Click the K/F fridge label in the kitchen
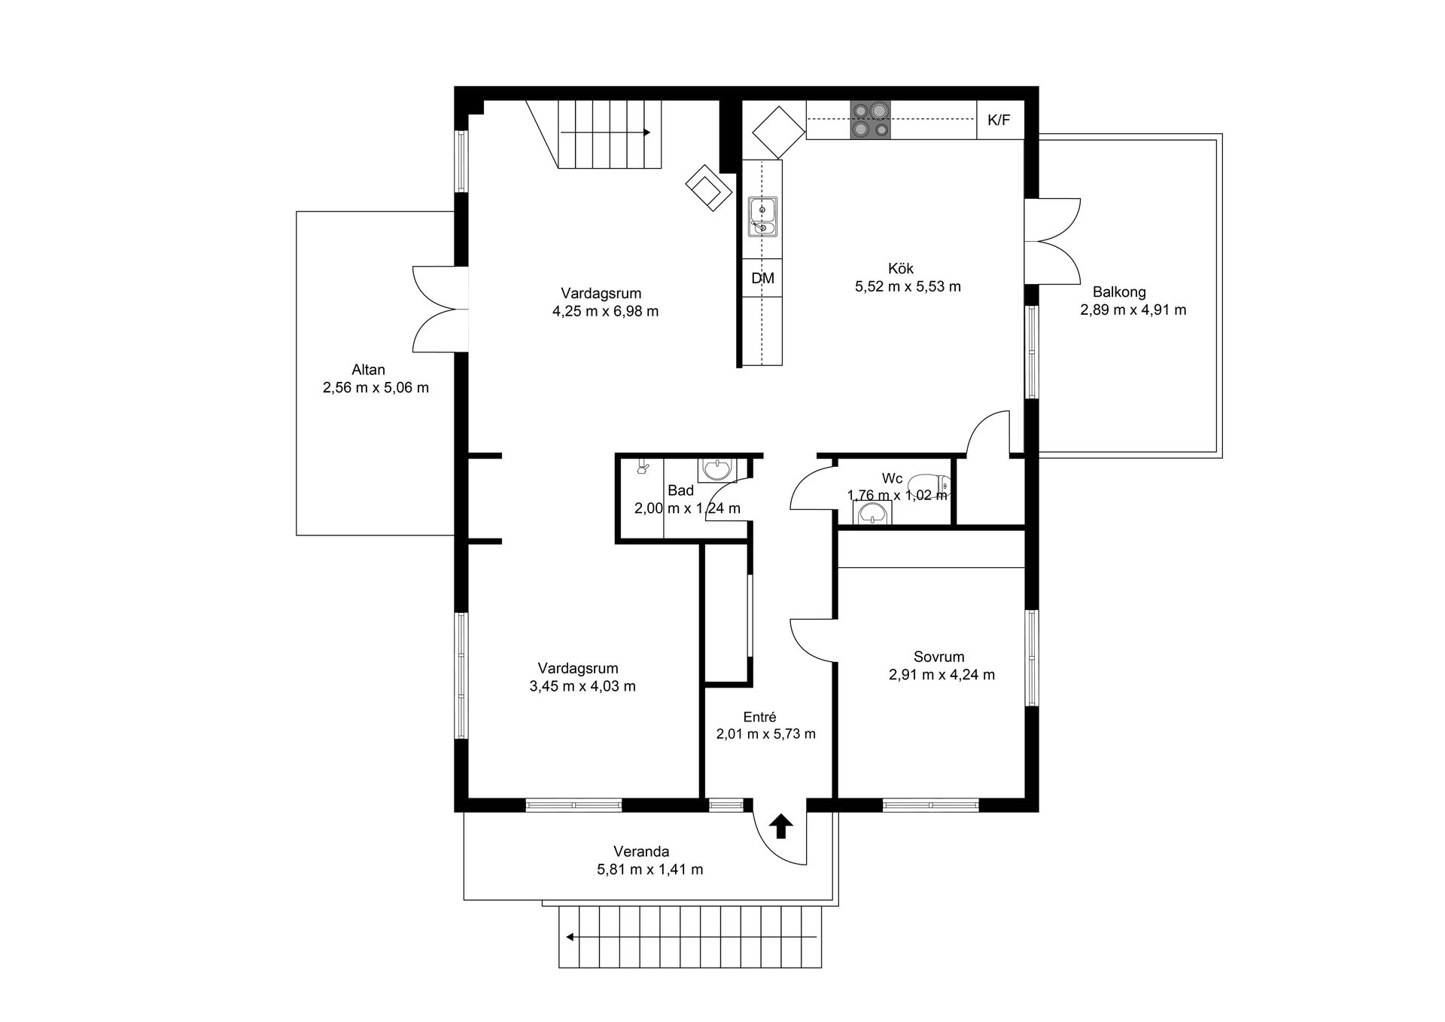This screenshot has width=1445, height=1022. (x=999, y=121)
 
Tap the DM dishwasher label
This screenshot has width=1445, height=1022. (x=762, y=278)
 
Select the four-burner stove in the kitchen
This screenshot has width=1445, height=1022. (x=871, y=120)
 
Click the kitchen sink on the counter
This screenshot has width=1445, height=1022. (x=762, y=217)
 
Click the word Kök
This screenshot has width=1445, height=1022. (x=901, y=269)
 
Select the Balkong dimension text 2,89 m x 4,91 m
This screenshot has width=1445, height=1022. (x=1133, y=310)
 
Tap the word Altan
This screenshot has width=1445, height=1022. (x=368, y=370)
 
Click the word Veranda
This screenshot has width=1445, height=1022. (x=641, y=852)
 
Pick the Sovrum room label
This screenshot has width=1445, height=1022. (x=939, y=657)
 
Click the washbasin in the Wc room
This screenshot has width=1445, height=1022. (x=872, y=513)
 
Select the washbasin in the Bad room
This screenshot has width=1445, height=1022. (x=717, y=470)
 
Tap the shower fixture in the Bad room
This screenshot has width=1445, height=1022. (x=643, y=468)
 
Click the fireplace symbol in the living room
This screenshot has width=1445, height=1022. (x=709, y=188)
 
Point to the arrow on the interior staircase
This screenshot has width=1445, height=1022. (x=606, y=133)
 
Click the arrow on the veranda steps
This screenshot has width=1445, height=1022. (x=692, y=938)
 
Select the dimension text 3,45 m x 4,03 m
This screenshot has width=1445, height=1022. (x=583, y=686)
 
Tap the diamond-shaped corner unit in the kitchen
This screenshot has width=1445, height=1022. (x=778, y=133)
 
